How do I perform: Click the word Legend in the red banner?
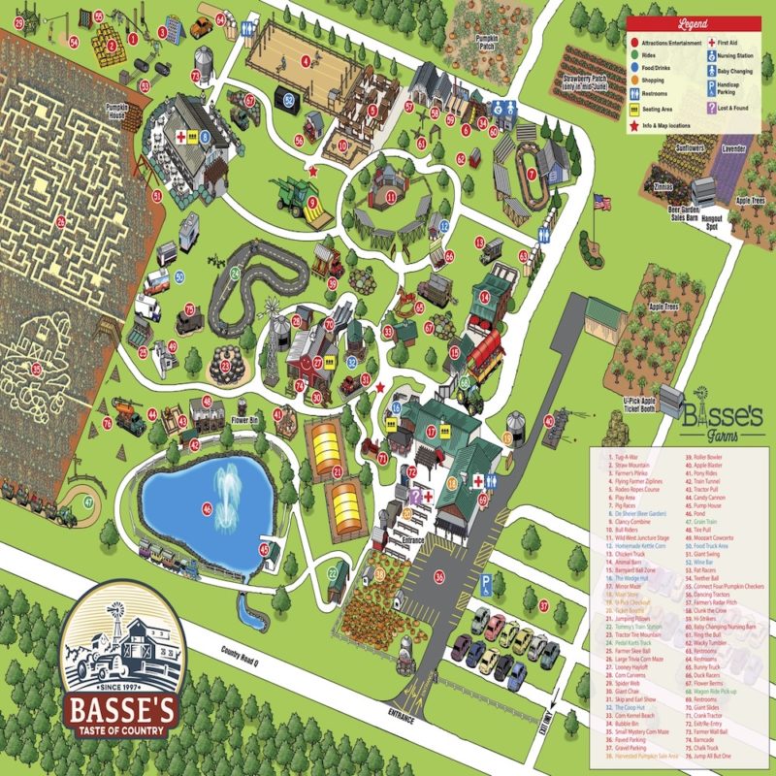(x=693, y=21)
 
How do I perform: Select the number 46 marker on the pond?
(x=206, y=507)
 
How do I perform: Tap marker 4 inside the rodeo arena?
(x=307, y=60)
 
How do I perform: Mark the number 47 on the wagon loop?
(x=88, y=501)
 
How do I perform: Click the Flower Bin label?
(x=246, y=421)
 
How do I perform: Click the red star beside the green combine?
(x=312, y=170)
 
